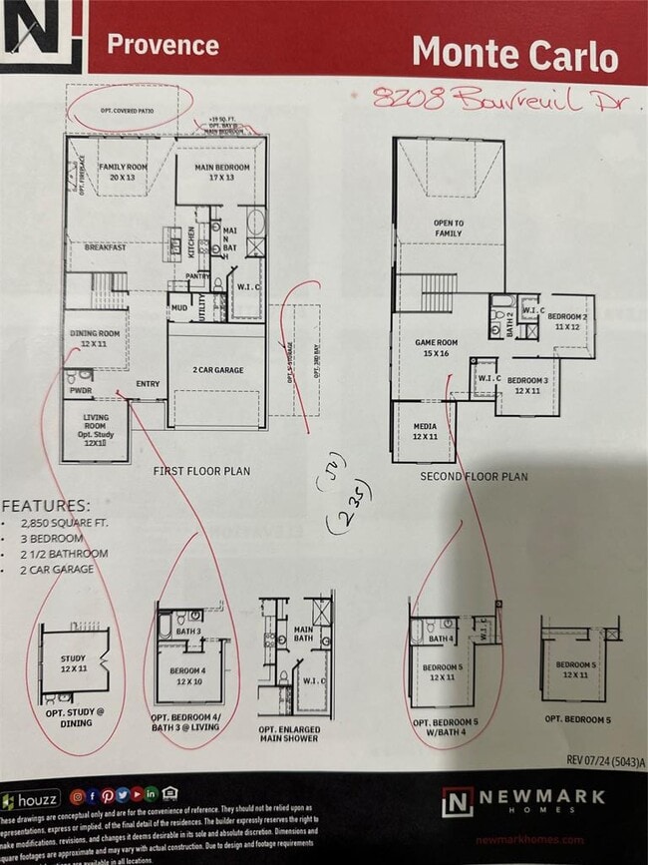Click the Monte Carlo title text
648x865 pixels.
click(x=514, y=53)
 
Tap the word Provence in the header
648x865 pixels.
click(x=162, y=45)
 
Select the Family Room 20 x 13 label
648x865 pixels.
click(x=122, y=171)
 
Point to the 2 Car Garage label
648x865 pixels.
click(x=217, y=370)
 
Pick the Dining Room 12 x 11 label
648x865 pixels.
click(x=95, y=338)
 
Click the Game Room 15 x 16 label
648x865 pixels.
click(x=434, y=347)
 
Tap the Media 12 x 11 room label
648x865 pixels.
click(x=425, y=430)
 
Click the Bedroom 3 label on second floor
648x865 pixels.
click(x=527, y=385)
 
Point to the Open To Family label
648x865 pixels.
click(x=448, y=228)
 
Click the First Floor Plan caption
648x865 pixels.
click(x=202, y=470)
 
